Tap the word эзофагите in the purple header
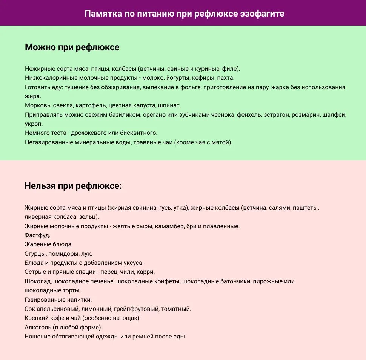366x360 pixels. [262, 14]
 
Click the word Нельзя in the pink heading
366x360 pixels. [40, 186]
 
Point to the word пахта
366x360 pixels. [225, 78]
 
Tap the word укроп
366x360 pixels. [34, 124]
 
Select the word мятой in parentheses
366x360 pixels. [221, 142]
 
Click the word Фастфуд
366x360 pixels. [37, 235]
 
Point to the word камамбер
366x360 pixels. [171, 226]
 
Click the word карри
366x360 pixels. [146, 272]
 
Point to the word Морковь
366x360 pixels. [37, 105]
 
